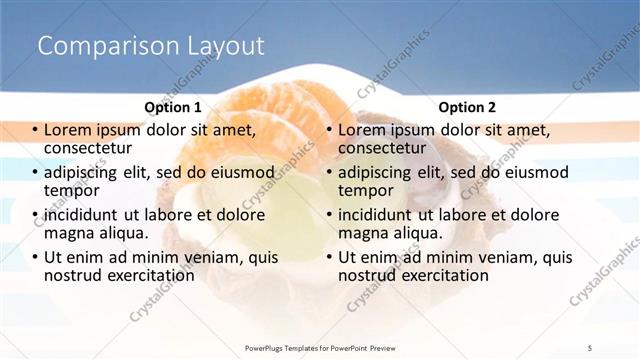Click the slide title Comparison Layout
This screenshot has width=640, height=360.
[x=151, y=46]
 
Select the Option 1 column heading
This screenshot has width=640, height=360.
[x=173, y=107]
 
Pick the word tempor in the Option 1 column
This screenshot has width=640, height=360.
[x=72, y=190]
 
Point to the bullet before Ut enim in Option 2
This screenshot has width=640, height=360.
[x=330, y=257]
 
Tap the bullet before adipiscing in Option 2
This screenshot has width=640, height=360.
[x=330, y=172]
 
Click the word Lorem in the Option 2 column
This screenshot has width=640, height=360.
[x=363, y=130]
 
